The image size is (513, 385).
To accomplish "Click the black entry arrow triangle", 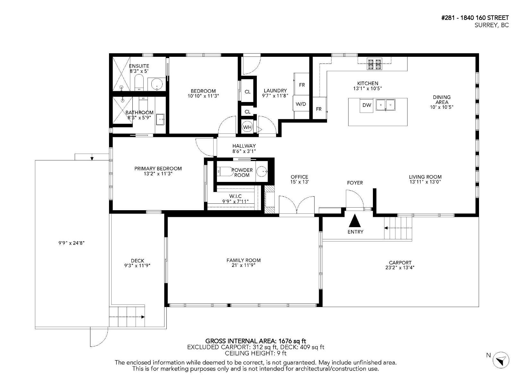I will pos(355,221).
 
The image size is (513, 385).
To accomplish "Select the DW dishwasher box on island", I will pos(366,105).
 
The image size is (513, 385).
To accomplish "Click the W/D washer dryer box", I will pos(301,104).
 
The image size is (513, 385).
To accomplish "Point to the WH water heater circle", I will pos(247,127).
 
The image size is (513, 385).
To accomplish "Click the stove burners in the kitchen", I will pos(374,64).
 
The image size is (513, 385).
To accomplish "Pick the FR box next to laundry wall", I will pos(302,85).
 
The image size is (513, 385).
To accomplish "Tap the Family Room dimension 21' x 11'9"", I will pos(243,265).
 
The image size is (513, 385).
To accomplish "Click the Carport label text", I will pos(400,262).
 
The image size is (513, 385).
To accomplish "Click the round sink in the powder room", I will pos(262,172).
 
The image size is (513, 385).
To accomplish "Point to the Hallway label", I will pos(244,146).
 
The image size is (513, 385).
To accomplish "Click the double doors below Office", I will pos(297,205).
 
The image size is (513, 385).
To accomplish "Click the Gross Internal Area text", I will pos(256,341).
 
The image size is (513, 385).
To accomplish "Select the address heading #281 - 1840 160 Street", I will pos(475,18).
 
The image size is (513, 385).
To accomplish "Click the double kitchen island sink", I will pos(385,105).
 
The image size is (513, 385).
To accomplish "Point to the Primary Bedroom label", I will pos(158,168).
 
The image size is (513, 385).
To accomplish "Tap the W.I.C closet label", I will pos(235,196).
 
